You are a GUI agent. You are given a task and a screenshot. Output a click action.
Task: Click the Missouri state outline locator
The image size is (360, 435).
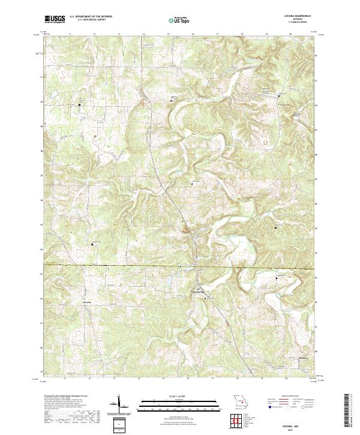pos(240,400)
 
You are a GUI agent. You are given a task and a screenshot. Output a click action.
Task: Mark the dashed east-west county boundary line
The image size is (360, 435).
pos(120,265)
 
